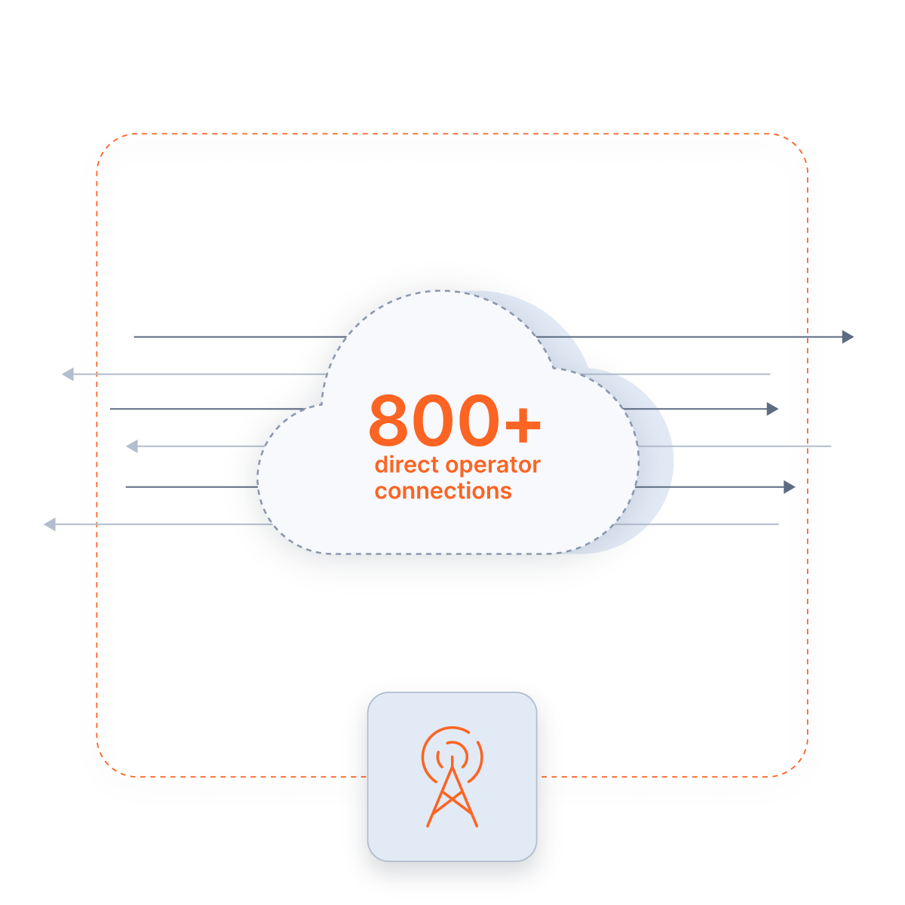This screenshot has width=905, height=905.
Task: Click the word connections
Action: pos(443,491)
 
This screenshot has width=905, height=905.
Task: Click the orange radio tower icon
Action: pos(452,777)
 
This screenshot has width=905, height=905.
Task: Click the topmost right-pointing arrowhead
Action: pos(848,336)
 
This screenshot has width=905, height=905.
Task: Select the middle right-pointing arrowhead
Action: pos(773,409)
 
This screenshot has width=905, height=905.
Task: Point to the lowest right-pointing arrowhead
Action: pos(790,487)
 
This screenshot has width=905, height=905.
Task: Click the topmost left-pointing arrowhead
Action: pos(68,373)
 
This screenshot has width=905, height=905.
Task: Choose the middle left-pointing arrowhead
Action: pos(131,446)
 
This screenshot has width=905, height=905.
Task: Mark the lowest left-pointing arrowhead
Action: pos(50,524)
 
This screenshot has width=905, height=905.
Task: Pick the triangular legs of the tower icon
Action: pos(452,803)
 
